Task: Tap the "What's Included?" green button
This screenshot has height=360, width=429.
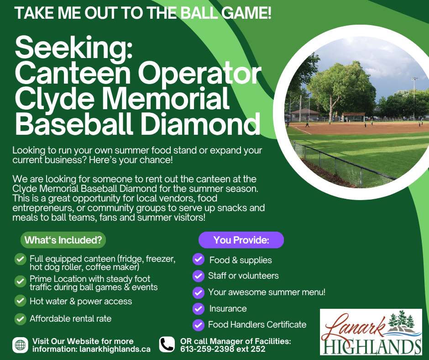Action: (x=63, y=240)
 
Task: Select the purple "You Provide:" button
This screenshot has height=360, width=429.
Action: (x=241, y=240)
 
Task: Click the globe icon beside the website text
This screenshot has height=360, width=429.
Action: (x=20, y=345)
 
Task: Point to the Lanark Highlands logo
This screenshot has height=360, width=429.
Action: (x=371, y=332)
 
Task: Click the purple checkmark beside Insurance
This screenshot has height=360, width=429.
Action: (x=198, y=309)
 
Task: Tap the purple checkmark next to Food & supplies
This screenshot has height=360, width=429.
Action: (x=198, y=259)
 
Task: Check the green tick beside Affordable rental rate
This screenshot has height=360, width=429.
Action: (x=20, y=318)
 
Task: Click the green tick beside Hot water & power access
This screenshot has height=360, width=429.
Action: (x=20, y=301)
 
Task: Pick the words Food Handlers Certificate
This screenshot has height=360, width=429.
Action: (x=257, y=325)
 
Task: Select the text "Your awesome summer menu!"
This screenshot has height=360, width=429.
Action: (x=267, y=292)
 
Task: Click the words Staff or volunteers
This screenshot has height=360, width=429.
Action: (x=243, y=276)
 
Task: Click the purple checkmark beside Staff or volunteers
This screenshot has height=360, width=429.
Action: (x=198, y=276)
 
